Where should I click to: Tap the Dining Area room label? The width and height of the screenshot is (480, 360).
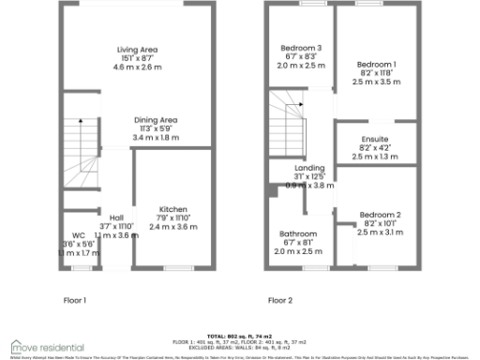[x=155, y=120]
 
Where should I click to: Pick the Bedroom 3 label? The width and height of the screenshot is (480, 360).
[x=301, y=49]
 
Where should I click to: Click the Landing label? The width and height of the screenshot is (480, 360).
[x=309, y=168]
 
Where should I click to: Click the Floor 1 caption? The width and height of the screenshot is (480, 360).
[x=75, y=301]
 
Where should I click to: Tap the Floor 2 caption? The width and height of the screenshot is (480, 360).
[x=280, y=301]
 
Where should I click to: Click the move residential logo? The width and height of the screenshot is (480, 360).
[x=47, y=346]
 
